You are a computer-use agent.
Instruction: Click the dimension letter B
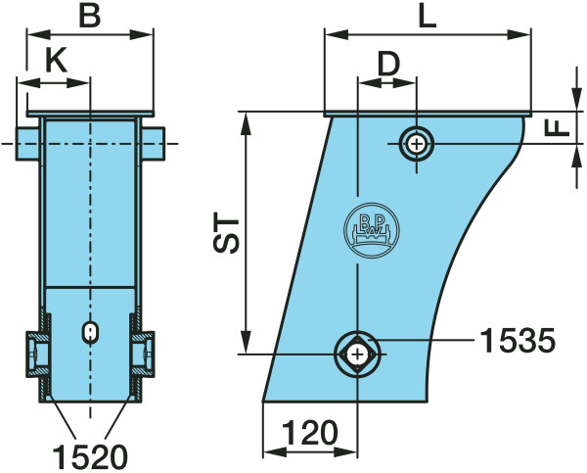coord(90,17)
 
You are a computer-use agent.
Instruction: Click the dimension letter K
coord(56,60)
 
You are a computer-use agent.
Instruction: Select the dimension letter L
coord(428,17)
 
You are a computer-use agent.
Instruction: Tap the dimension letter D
coord(389,65)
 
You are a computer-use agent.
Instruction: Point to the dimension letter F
coord(557,128)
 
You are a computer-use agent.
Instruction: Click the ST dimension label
coord(226,233)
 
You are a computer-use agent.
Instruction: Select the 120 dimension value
coord(310,433)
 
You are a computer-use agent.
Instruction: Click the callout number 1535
coord(518,341)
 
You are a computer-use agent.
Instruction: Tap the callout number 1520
coord(90,457)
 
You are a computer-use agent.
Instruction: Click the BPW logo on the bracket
coord(372,230)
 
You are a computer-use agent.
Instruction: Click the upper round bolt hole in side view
coord(417,144)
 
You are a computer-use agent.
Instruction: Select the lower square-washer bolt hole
coord(358,354)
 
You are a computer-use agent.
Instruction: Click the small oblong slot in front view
coord(90,332)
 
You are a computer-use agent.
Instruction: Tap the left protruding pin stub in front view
coord(27,144)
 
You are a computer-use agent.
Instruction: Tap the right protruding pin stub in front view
coord(154,144)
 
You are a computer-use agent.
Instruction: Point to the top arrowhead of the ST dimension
coord(246,123)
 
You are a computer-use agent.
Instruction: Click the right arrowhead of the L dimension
coord(519,35)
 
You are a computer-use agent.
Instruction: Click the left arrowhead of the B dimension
coord(39,35)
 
